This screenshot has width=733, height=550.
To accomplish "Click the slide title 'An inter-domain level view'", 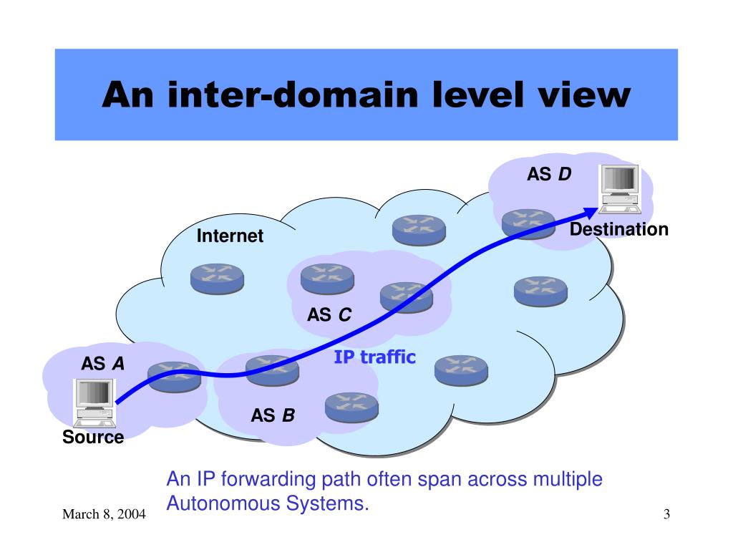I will point(366,95).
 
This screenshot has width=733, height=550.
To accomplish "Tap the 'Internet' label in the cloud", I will point(230,236).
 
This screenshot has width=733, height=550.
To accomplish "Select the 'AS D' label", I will point(549,174).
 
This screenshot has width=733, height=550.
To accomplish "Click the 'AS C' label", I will point(329,314).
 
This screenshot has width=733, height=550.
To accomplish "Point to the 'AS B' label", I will point(272,415).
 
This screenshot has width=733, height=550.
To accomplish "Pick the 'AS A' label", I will point(102,364).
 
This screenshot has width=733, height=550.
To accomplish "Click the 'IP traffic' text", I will point(374,357).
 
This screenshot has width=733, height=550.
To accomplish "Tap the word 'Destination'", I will point(618,229).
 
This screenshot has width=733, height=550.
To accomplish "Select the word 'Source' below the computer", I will point(93,437).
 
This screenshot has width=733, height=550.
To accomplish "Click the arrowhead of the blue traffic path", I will point(591,211).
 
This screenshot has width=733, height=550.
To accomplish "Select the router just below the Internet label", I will point(217,277).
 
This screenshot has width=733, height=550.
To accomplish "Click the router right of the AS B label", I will point(351,406).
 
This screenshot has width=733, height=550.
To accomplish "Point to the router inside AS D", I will point(528,223).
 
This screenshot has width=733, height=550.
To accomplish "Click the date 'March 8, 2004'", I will point(105,515).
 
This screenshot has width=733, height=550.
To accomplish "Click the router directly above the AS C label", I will point(327,277).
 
